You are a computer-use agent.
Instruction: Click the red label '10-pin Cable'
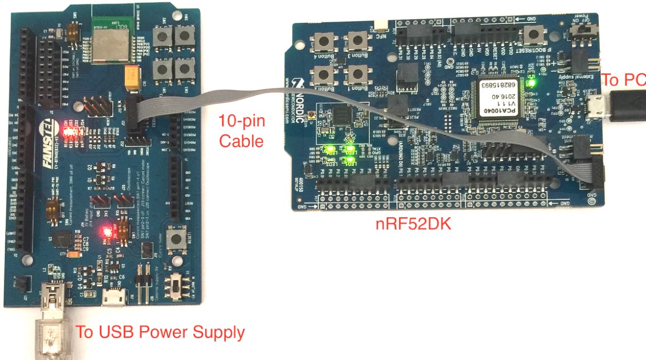pyautogui.click(x=241, y=131)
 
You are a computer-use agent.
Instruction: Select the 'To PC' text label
pyautogui.click(x=624, y=81)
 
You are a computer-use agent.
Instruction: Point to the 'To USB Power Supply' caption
pyautogui.click(x=161, y=331)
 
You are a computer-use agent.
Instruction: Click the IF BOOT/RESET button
pyautogui.click(x=533, y=35)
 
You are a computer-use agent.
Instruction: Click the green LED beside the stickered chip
pyautogui.click(x=532, y=83)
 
